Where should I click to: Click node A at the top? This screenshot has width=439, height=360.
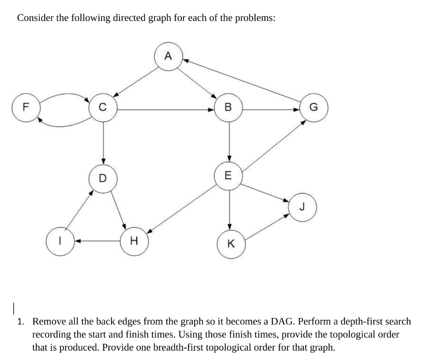pyautogui.click(x=168, y=56)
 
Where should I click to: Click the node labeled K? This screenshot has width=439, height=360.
pyautogui.click(x=230, y=244)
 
